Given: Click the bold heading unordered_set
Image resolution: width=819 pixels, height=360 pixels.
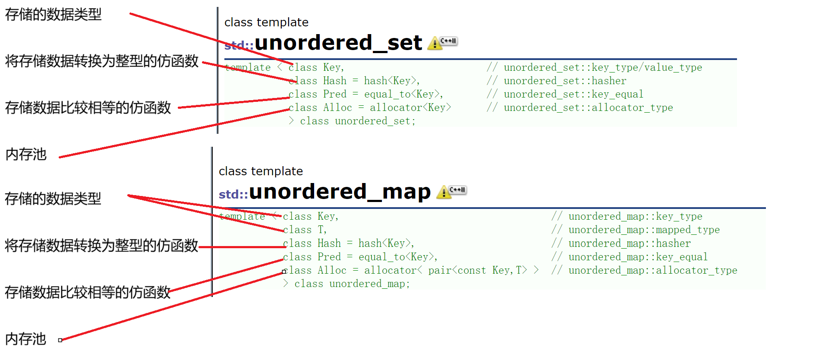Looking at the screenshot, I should [338, 43].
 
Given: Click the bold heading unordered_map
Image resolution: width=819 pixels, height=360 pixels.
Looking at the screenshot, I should [340, 192].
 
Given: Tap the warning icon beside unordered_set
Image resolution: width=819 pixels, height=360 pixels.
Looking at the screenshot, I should [435, 43].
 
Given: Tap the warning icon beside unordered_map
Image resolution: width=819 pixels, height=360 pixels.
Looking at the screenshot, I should [444, 192].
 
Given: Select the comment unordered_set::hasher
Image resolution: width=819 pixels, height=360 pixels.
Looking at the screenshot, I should [565, 81].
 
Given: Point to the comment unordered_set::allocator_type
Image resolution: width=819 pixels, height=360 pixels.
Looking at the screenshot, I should [588, 107].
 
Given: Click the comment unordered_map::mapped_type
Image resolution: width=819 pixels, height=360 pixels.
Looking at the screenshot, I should [644, 230].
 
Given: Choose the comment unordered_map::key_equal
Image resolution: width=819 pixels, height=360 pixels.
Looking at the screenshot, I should [638, 257].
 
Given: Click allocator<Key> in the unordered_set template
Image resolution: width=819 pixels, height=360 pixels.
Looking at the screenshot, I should [410, 107].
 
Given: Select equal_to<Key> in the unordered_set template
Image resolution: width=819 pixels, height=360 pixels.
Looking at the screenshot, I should [403, 94].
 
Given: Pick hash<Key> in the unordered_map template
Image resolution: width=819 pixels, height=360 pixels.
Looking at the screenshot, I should [386, 243].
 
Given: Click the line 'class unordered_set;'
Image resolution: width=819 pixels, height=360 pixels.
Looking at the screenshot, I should [358, 121].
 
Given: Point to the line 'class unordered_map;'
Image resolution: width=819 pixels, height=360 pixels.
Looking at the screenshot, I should [352, 284].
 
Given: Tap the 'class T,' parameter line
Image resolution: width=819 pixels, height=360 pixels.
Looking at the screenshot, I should [305, 230].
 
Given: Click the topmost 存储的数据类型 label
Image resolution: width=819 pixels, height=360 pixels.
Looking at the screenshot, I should [53, 15].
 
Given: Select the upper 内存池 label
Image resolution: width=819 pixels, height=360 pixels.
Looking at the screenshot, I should [26, 154].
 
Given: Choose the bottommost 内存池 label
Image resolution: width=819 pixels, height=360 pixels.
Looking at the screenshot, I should [26, 339].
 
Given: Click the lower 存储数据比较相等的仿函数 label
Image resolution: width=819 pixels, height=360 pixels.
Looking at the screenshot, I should [88, 292].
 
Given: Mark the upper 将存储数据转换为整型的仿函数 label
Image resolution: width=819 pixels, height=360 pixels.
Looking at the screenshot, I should [101, 61].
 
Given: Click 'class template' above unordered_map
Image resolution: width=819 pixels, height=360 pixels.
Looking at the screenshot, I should [261, 171].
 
